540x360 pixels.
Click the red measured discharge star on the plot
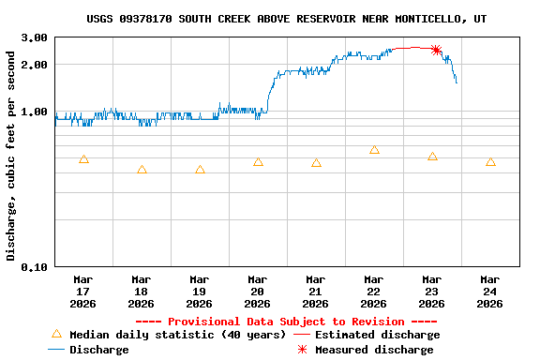point(436,50)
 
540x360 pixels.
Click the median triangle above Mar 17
point(83,159)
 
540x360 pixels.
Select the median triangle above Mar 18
point(142,170)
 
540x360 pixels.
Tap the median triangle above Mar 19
point(200,170)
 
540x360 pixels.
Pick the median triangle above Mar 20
point(258,162)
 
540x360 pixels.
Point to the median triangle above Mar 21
point(316,163)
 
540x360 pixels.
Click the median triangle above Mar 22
point(374,150)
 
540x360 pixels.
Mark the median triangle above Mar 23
point(432,157)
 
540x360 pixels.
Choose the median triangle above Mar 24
point(490,162)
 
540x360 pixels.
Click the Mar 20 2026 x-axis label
point(257,291)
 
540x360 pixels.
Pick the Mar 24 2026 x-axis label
point(489,291)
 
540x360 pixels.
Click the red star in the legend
point(302,350)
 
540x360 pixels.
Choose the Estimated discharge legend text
point(377,335)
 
